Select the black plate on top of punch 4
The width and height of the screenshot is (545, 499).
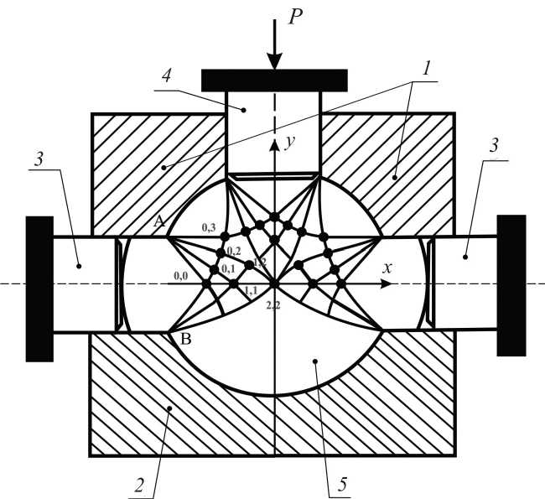(x=274, y=81)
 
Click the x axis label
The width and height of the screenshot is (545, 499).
(x=387, y=268)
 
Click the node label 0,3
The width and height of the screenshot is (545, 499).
(x=209, y=227)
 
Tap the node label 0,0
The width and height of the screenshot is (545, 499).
(x=180, y=275)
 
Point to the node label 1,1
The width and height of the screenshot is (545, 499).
(x=250, y=290)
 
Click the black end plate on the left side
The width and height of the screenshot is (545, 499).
(x=39, y=288)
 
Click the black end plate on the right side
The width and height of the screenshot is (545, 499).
(x=511, y=285)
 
